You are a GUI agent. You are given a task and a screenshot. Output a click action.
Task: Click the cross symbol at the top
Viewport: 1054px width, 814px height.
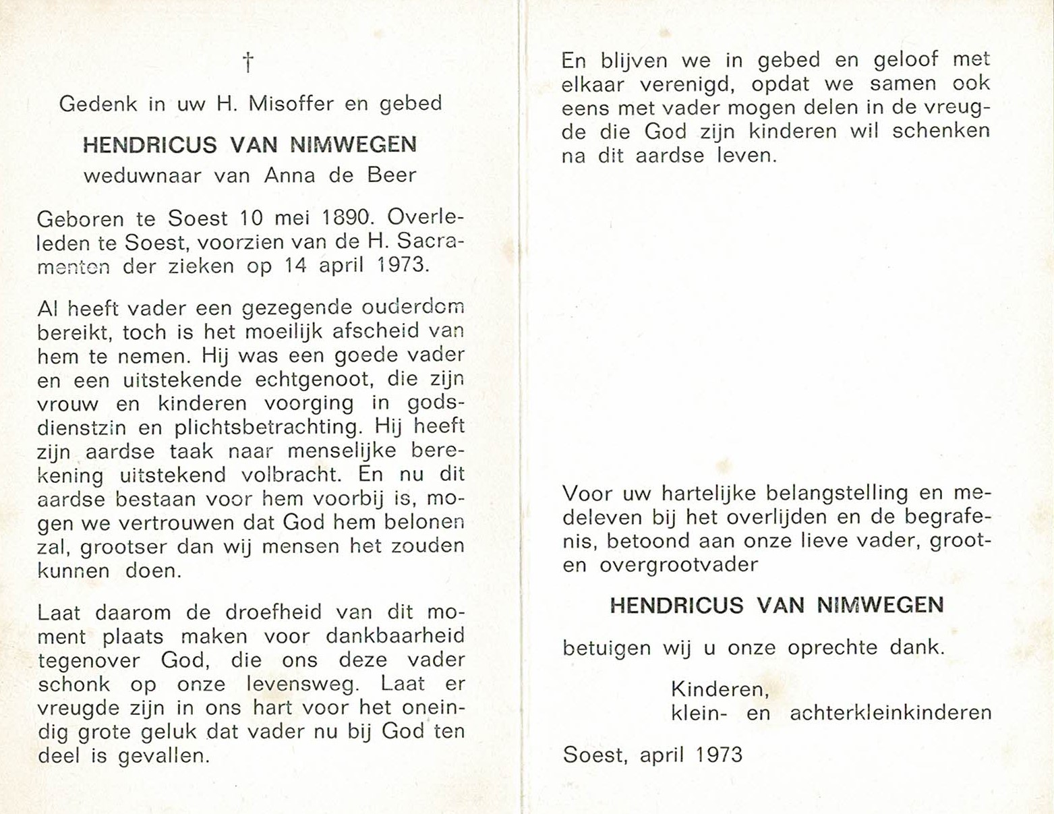coord(248,63)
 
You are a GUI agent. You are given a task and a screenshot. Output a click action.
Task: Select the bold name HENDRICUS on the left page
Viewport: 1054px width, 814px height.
coord(150,145)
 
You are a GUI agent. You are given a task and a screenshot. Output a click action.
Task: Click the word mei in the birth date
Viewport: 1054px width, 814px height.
coord(291,219)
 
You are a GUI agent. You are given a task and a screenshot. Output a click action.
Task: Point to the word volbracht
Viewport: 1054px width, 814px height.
coord(291,475)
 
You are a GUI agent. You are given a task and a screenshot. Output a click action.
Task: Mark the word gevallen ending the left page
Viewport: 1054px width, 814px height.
coord(163,756)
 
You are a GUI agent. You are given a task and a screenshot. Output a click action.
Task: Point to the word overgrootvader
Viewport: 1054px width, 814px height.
coord(678,564)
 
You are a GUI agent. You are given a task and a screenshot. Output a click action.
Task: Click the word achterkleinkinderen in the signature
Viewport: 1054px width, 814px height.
coord(890,713)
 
